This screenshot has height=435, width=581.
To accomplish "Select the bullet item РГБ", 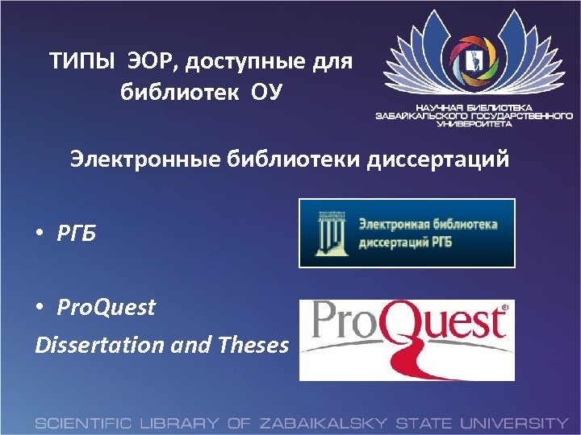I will tap(77, 234).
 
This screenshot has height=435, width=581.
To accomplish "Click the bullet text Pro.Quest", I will tap(106, 307).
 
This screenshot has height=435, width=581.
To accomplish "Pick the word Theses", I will tap(253, 345).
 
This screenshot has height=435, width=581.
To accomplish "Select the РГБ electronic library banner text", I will tap(427, 232).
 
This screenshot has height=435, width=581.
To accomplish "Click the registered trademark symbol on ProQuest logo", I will tap(505, 308).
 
